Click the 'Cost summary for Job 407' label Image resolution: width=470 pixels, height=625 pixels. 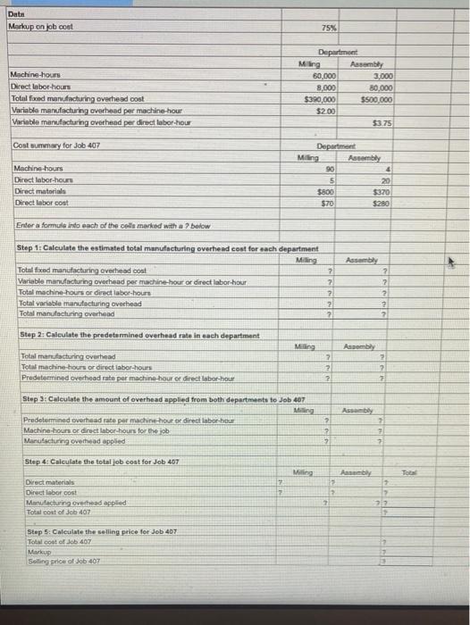point(56,146)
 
